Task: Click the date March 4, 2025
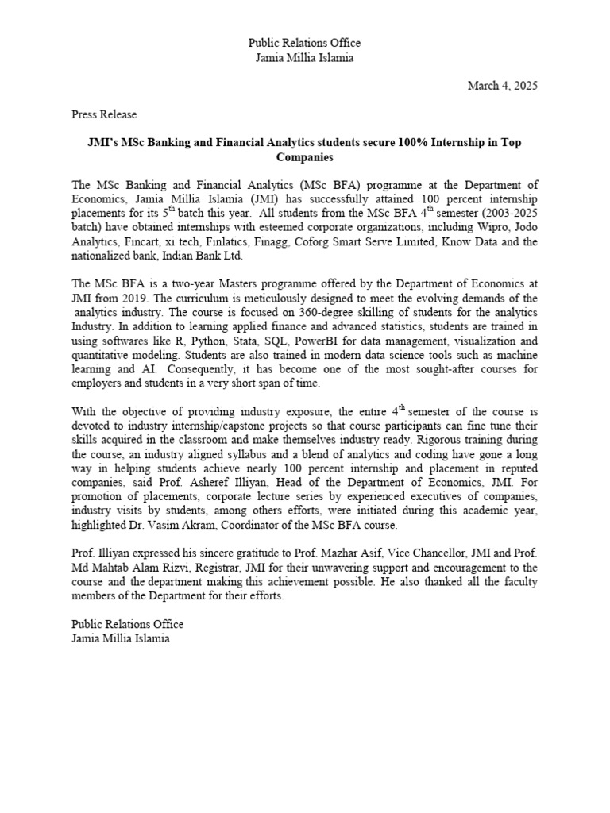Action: [x=502, y=87]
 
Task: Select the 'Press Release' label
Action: [x=104, y=114]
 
